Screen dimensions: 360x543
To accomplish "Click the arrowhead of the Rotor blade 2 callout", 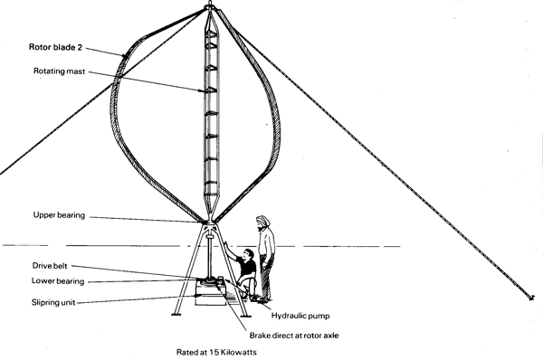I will (x=129, y=57).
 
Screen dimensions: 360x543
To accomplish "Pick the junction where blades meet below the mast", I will (x=209, y=221).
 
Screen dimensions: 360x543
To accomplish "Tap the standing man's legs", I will (x=264, y=276).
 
